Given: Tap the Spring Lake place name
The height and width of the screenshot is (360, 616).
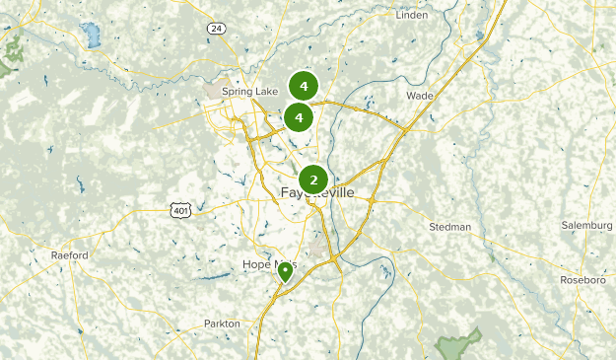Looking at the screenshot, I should [x=249, y=92].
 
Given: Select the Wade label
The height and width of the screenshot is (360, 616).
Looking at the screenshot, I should [x=419, y=97].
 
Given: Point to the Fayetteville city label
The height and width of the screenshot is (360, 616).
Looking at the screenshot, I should [x=317, y=192].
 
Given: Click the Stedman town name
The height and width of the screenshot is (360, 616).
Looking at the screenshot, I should [x=450, y=227].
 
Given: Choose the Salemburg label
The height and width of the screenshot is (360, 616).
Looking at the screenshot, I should [x=586, y=226].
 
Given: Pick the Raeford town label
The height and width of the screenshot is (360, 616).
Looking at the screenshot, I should [x=70, y=255].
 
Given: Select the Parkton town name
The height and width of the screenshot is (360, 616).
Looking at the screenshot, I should [x=222, y=324].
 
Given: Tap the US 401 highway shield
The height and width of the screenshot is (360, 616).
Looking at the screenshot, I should [x=179, y=209].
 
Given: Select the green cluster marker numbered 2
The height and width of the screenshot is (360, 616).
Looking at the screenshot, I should [x=313, y=180].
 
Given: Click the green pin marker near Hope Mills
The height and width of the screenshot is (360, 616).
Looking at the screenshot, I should [x=285, y=271].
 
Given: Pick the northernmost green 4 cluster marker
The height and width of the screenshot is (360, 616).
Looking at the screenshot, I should [x=304, y=87].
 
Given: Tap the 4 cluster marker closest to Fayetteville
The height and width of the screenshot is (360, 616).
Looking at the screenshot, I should [x=298, y=118].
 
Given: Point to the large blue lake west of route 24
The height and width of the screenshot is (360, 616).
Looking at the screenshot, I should [x=93, y=37].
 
